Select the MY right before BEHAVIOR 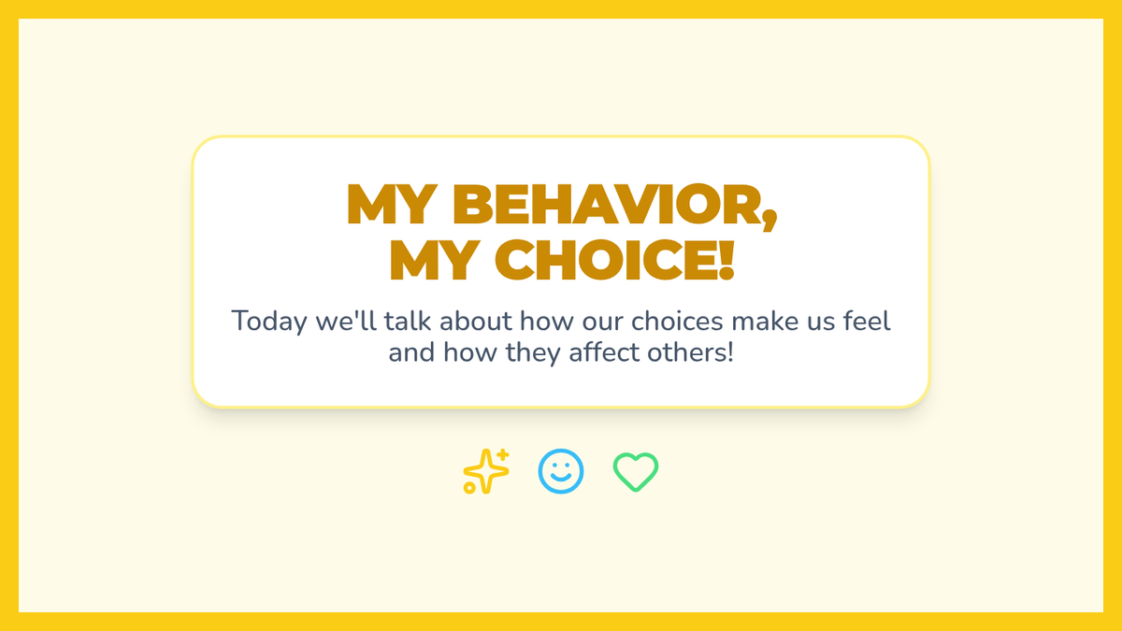[392, 205]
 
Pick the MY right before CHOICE [435, 261]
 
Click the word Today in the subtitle [269, 322]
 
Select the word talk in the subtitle [408, 321]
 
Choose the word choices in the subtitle [677, 321]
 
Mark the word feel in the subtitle [867, 321]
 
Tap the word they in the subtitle [532, 353]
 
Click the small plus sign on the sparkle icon [503, 454]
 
